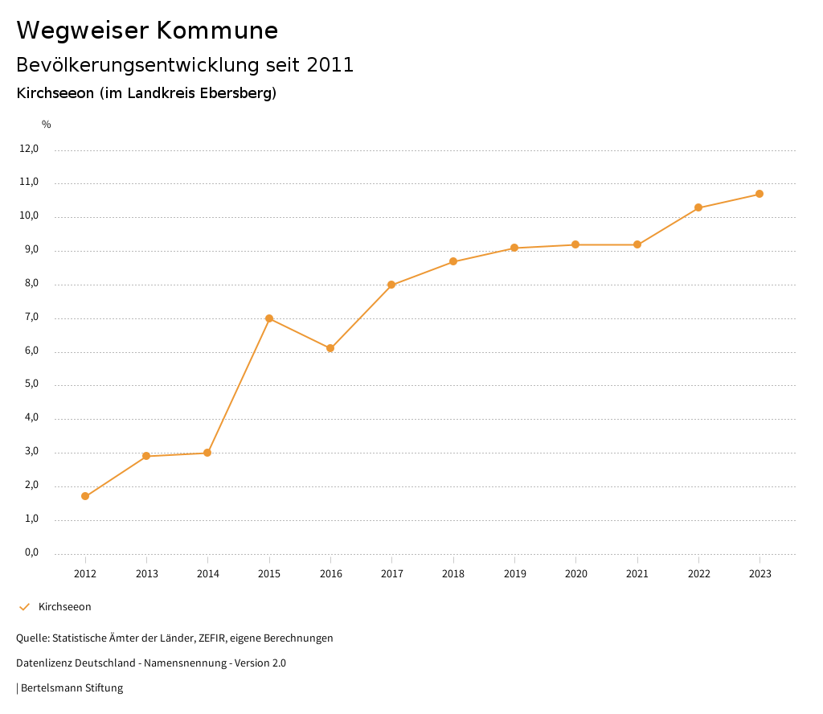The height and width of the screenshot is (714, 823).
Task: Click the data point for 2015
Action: tap(269, 318)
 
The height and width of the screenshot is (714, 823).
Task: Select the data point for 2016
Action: tap(330, 348)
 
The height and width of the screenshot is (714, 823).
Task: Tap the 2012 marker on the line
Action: tap(85, 496)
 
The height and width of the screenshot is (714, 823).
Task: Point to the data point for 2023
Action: tap(760, 194)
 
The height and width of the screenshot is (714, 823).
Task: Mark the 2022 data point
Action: tap(698, 207)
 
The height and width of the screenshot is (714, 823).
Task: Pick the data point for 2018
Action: tap(453, 261)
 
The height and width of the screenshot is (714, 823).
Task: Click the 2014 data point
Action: tap(207, 453)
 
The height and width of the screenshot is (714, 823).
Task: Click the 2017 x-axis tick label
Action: tap(392, 574)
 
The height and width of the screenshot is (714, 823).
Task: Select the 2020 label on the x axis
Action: tap(576, 574)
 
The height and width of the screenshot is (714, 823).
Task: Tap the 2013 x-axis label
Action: tap(146, 574)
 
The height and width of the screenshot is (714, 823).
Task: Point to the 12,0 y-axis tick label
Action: tap(29, 149)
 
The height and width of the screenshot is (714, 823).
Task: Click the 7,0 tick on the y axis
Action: tap(31, 318)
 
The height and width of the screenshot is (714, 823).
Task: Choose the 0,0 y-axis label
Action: tap(31, 553)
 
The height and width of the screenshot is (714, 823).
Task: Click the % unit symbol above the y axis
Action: tap(47, 125)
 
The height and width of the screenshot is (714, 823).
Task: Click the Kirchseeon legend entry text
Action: tap(65, 607)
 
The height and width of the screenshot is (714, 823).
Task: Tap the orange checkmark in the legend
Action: tap(24, 607)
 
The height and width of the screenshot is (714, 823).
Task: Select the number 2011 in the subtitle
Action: tap(330, 65)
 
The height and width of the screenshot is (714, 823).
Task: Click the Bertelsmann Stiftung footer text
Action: tap(72, 688)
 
